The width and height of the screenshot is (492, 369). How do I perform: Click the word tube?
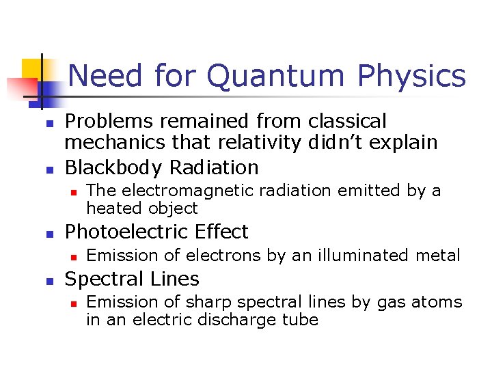(301, 319)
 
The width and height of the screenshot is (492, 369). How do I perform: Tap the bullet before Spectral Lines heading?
(49, 280)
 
